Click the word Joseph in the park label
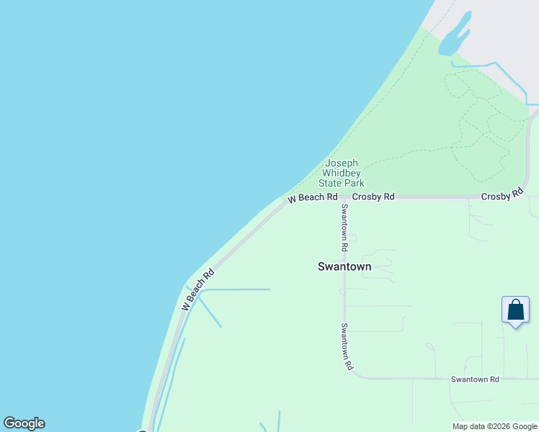point(342,163)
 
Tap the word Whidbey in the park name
point(342,174)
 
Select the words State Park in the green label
point(342,183)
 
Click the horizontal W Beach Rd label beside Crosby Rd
point(313,197)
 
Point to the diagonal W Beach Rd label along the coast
point(198,289)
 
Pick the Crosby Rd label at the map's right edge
point(502,195)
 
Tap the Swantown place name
point(344,266)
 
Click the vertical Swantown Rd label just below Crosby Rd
point(345,228)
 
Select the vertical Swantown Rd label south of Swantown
point(347,346)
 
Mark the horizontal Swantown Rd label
point(475,379)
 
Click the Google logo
point(24,423)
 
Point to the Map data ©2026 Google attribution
point(494,426)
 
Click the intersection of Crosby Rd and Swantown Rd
point(344,197)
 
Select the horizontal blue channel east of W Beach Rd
point(234,289)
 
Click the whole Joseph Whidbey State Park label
point(342,174)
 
